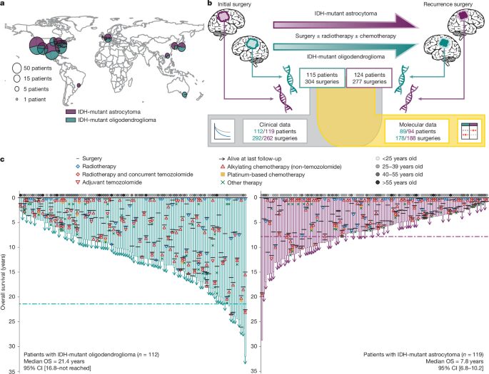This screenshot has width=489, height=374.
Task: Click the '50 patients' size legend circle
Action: pos(16,68)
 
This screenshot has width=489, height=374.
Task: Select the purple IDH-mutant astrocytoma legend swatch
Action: pos(71,112)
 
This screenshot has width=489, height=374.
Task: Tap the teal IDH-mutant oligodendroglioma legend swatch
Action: pos(71,120)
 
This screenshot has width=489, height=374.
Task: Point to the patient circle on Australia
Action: pos(185,95)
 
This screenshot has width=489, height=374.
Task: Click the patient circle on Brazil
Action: pos(79,85)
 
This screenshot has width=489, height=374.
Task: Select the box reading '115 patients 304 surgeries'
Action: pos(322,78)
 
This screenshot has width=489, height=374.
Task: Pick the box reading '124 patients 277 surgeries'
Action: pos(369,78)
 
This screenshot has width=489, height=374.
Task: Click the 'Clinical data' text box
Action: pos(274,131)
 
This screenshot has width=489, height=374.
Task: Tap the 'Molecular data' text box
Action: pos(417,131)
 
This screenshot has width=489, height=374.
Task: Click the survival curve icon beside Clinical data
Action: pos(222,131)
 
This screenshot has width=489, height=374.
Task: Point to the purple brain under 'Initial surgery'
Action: pos(226,23)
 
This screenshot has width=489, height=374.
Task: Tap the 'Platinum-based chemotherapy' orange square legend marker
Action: pos(223,175)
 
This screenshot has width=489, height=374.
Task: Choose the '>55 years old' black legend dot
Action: pos(378,182)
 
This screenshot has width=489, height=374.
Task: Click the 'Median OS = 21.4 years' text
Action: pos(54,361)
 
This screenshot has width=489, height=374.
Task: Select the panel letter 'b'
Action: pos(211,4)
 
